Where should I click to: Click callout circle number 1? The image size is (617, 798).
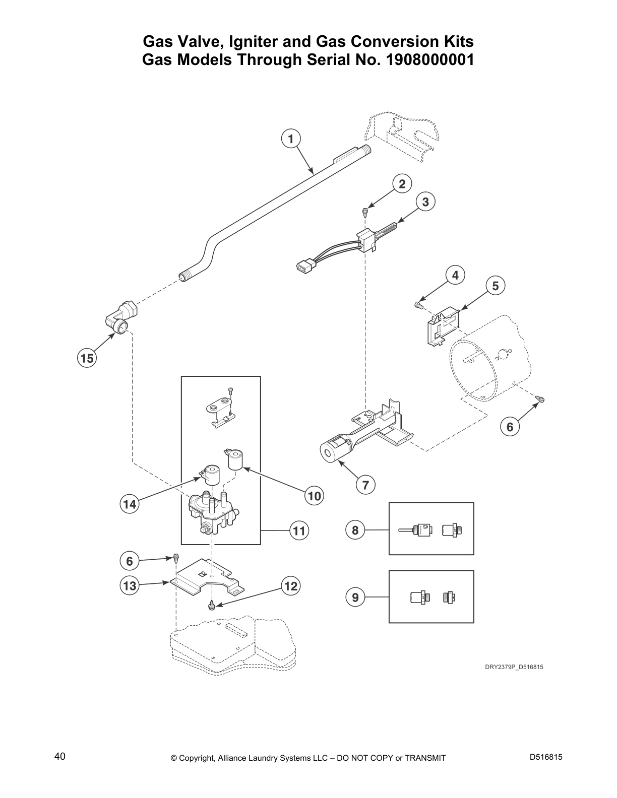click(x=291, y=138)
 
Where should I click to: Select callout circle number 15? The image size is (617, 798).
click(x=87, y=358)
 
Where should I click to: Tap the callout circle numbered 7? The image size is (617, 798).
click(x=365, y=485)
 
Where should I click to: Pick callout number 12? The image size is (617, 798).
click(x=291, y=586)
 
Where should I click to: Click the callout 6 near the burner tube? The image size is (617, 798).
click(x=510, y=427)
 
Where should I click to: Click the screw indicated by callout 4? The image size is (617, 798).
click(x=417, y=304)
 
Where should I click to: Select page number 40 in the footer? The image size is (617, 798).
click(x=59, y=757)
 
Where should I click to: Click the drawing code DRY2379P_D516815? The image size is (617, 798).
click(x=514, y=667)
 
